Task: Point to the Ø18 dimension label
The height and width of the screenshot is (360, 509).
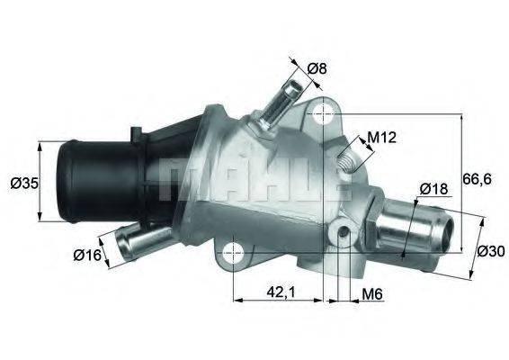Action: tap(433, 189)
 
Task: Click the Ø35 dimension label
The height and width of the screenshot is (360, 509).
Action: tap(22, 183)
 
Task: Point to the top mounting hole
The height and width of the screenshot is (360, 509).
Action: tap(322, 114)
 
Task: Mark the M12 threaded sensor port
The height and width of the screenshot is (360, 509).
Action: tap(346, 163)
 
